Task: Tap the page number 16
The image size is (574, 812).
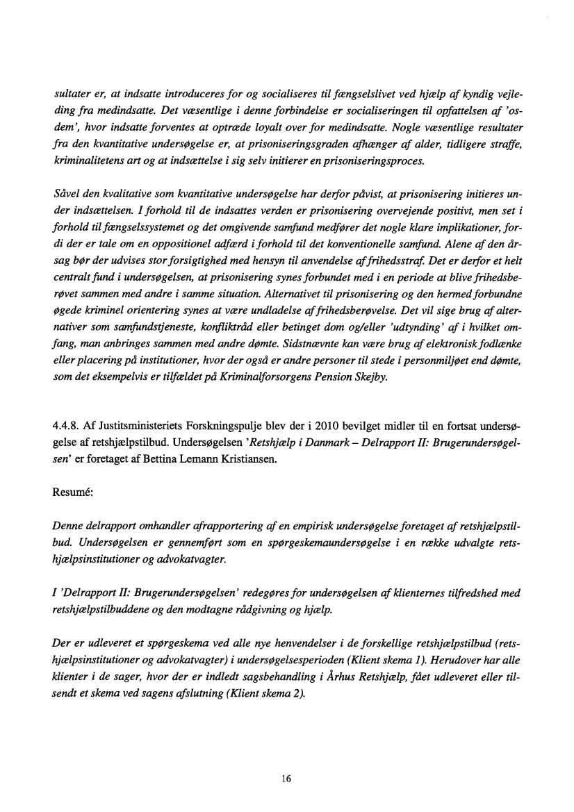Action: coord(286,779)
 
